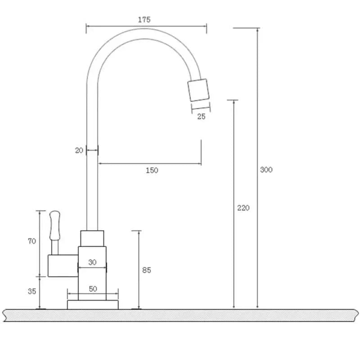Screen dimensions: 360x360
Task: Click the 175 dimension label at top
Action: (x=144, y=19)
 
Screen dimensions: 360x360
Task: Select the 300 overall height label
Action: (x=266, y=170)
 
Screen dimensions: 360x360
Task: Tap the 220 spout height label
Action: (x=243, y=208)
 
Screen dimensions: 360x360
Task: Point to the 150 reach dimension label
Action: (x=152, y=170)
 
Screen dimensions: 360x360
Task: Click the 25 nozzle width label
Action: (x=201, y=117)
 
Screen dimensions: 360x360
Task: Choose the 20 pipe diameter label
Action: (x=79, y=151)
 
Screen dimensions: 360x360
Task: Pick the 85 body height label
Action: (x=146, y=270)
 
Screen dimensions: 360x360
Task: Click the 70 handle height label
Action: (x=32, y=241)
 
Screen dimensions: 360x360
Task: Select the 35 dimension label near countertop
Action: (x=32, y=291)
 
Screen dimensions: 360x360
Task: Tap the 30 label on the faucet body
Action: (x=92, y=262)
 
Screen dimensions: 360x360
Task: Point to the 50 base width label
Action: (x=93, y=289)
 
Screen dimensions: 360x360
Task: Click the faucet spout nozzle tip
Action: (x=198, y=90)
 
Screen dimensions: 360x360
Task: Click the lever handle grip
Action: (x=54, y=225)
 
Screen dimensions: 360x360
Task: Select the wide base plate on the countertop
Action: (x=93, y=305)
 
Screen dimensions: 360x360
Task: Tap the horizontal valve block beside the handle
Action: (x=63, y=265)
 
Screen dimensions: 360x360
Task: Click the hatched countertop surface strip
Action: (x=180, y=315)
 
